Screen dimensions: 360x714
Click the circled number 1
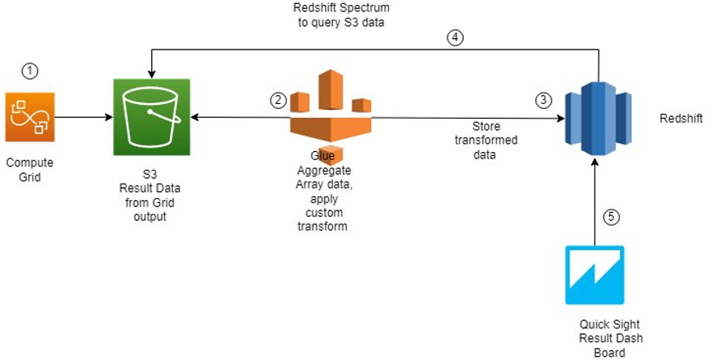(x=30, y=72)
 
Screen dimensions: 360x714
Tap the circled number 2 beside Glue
(x=279, y=100)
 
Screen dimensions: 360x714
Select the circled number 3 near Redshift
(x=543, y=100)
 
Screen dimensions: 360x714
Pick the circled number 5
(x=612, y=217)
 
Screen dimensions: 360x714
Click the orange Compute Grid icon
(x=29, y=118)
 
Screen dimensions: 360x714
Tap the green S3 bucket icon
(x=152, y=117)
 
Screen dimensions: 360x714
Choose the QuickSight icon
(x=595, y=275)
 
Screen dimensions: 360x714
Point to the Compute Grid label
(x=29, y=169)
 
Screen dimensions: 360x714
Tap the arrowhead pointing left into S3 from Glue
(x=196, y=118)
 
